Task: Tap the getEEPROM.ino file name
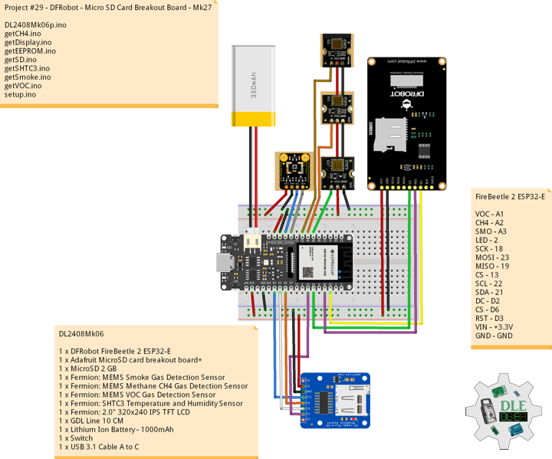[30, 51]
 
